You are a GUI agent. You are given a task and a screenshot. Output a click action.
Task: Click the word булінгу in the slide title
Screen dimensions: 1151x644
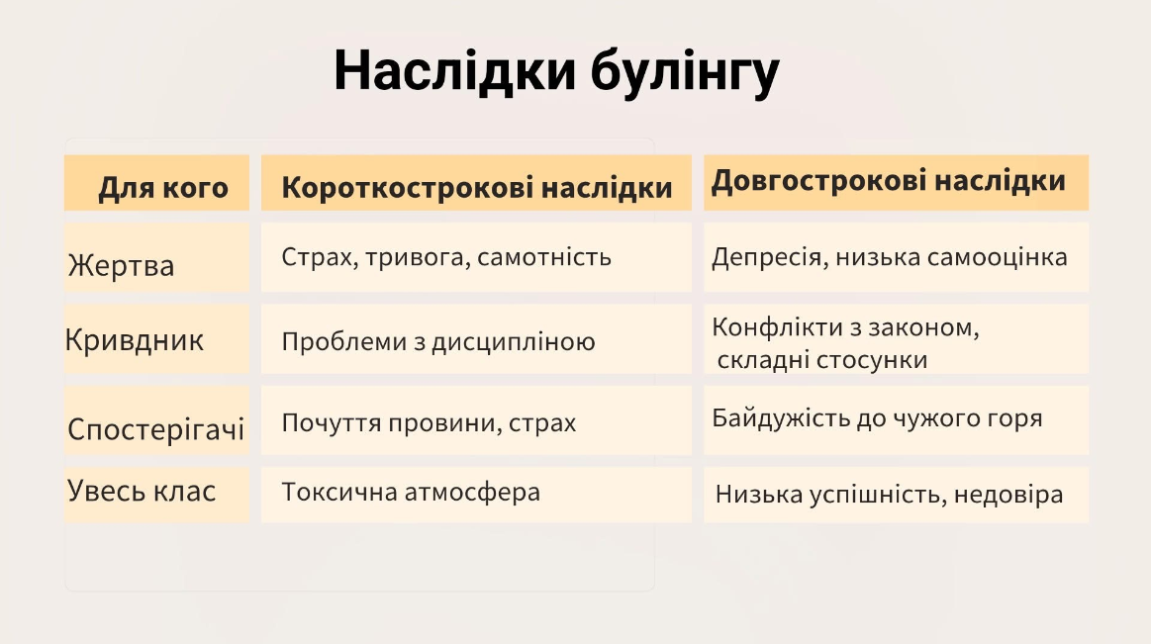[685, 72]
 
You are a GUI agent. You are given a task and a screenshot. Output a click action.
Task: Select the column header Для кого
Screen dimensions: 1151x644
[163, 188]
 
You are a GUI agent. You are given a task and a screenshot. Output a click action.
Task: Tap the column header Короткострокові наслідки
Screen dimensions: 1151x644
[477, 188]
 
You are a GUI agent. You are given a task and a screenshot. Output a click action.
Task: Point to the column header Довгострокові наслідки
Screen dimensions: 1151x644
[888, 181]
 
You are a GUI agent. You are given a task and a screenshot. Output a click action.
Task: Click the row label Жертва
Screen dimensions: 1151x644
[121, 265]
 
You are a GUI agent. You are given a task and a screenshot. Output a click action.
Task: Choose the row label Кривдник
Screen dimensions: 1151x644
[135, 340]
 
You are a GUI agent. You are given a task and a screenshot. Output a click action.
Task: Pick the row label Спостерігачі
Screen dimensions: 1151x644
[155, 428]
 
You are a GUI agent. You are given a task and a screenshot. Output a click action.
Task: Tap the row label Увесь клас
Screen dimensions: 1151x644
[142, 491]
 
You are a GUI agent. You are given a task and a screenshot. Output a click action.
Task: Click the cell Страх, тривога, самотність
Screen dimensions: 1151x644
[446, 257]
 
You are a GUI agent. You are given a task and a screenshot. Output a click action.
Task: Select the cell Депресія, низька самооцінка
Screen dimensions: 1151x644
[890, 257]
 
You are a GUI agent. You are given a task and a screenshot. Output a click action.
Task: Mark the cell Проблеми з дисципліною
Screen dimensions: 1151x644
[438, 342]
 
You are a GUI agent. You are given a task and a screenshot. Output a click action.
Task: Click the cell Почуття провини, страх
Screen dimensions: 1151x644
[429, 423]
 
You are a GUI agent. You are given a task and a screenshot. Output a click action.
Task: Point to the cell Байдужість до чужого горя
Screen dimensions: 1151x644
[877, 418]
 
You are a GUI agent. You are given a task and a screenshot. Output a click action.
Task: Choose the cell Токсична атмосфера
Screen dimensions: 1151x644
[411, 492]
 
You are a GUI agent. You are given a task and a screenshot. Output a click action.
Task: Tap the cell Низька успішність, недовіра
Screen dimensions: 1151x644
[889, 495]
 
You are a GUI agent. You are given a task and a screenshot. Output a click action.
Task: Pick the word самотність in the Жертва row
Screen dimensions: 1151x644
[544, 257]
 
